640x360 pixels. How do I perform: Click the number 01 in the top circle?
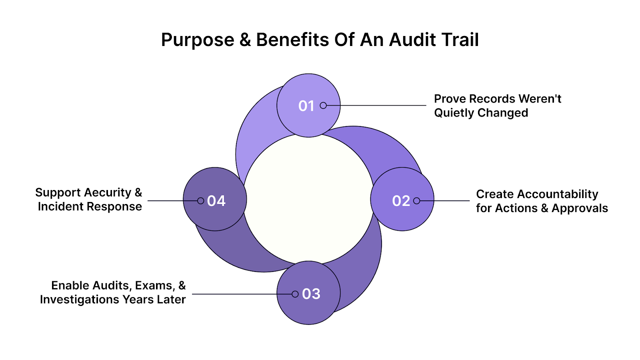(x=306, y=106)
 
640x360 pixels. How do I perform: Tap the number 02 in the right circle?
(x=401, y=201)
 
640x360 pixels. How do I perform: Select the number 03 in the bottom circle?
(x=311, y=294)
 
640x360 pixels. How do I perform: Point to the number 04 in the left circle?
(x=216, y=201)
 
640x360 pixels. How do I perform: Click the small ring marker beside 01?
(x=323, y=106)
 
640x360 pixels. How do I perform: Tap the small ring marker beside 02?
(x=416, y=201)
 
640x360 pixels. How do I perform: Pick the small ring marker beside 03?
(x=295, y=294)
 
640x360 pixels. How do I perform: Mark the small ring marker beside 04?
(x=201, y=201)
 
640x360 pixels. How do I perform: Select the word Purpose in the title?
(x=198, y=40)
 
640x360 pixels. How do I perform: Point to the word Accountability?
(x=558, y=194)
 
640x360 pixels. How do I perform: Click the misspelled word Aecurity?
(x=107, y=193)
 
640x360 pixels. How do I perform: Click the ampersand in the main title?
(x=245, y=40)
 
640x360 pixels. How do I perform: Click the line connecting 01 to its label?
(x=376, y=106)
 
